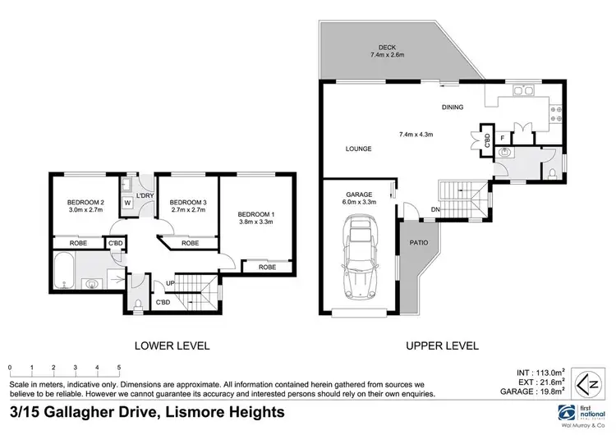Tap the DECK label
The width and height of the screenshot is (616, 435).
tap(388, 47)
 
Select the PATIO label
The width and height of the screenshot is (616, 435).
tap(417, 244)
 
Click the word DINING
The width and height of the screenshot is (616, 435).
tap(453, 107)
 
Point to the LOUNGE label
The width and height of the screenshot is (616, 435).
tap(358, 149)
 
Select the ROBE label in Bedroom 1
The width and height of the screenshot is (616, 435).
tap(267, 267)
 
